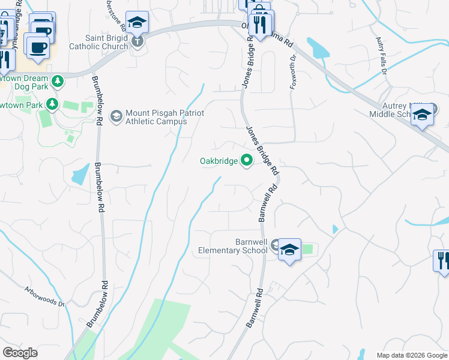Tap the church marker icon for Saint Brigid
138,41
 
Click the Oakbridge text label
218,160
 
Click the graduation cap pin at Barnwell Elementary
289,250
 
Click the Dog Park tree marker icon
58,81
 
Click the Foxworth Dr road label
294,72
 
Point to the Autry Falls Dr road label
381,56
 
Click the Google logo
20,353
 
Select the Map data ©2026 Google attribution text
412,355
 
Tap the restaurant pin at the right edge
441,260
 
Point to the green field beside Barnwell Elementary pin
307,248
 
